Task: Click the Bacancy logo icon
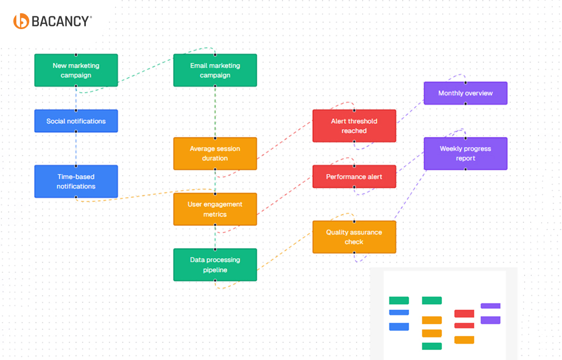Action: (21, 21)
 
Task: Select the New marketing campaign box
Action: (76, 70)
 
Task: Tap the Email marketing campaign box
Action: (215, 70)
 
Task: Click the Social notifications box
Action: (76, 121)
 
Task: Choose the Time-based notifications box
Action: (76, 181)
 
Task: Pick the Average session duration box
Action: (215, 154)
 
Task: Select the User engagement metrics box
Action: (215, 209)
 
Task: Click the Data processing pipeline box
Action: (215, 265)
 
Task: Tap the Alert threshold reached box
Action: (354, 126)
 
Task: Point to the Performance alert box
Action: (354, 177)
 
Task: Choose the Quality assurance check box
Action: (354, 237)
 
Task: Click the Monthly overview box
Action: (465, 93)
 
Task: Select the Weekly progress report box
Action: (465, 154)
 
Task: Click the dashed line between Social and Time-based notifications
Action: (76, 149)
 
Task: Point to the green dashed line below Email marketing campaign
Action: (215, 112)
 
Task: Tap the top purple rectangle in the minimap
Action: (490, 306)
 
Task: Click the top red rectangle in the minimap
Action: (464, 314)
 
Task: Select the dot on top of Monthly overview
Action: (465, 82)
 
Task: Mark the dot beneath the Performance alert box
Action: (354, 188)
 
